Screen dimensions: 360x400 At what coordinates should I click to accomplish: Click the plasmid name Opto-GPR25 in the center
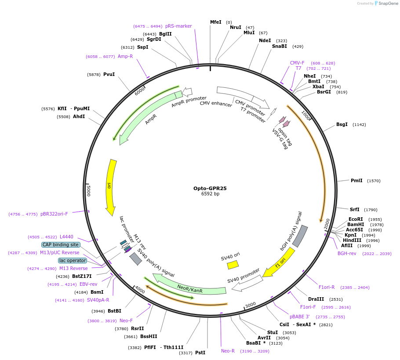click(x=210, y=188)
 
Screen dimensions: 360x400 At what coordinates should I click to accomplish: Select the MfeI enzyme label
click(x=215, y=22)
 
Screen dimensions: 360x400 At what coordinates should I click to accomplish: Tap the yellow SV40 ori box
click(x=233, y=265)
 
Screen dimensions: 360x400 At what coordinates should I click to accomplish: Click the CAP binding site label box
click(x=61, y=245)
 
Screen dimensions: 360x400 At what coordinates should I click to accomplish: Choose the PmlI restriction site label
click(x=356, y=180)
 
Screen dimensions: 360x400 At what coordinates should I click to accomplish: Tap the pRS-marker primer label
click(x=178, y=26)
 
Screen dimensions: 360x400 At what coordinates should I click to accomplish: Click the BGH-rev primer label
click(x=347, y=253)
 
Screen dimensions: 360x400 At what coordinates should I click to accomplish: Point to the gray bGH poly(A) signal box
click(x=300, y=236)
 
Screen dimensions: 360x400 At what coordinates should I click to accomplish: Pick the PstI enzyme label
click(x=200, y=352)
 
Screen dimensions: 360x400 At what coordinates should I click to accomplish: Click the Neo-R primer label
click(x=228, y=351)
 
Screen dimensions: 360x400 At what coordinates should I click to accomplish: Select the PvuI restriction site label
click(x=109, y=74)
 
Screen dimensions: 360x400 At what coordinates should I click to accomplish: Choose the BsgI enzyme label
click(x=342, y=124)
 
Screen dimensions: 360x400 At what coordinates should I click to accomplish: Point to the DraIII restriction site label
click(x=316, y=299)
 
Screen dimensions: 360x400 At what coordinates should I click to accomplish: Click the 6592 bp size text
click(x=210, y=194)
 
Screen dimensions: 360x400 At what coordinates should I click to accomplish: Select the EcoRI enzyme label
click(x=356, y=219)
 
